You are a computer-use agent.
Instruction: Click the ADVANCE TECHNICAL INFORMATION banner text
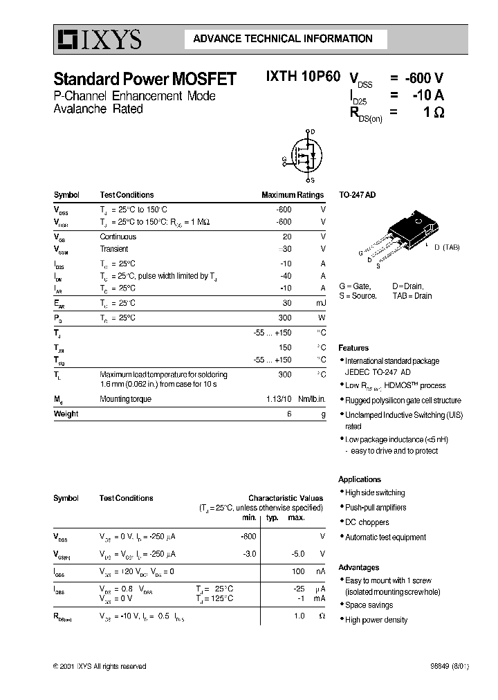(x=282, y=39)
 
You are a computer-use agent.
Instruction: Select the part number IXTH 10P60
(x=303, y=78)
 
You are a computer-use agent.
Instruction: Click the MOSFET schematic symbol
(x=303, y=156)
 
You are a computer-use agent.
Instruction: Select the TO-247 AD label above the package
(x=357, y=196)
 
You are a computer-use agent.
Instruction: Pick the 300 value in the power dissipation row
(x=284, y=317)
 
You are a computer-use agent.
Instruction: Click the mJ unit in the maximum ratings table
(x=320, y=303)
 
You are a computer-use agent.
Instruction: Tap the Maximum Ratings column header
(x=292, y=195)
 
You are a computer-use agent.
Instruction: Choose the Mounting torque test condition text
(x=126, y=399)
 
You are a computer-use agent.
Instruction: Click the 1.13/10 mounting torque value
(x=279, y=399)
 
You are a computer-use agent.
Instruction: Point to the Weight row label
(x=66, y=414)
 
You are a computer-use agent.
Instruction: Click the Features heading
(x=353, y=348)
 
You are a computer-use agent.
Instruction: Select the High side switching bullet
(x=375, y=492)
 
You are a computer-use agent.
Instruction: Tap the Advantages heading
(x=358, y=567)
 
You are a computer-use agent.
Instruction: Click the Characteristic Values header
(x=286, y=498)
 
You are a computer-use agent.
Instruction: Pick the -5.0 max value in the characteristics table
(x=295, y=554)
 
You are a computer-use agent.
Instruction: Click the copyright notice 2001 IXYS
(x=100, y=666)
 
